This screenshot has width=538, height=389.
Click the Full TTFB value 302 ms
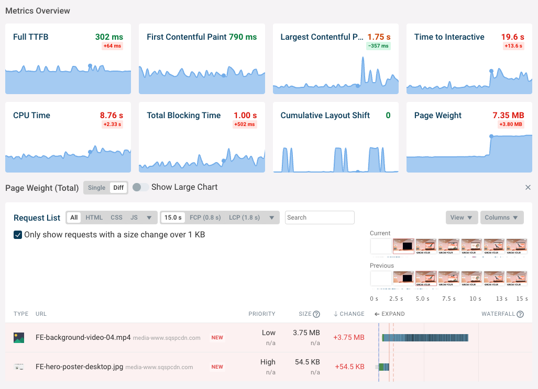click(x=109, y=37)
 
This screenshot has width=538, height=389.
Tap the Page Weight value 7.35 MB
click(x=508, y=116)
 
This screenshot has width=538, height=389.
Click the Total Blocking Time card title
click(x=183, y=116)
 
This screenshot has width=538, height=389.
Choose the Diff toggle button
click(x=118, y=188)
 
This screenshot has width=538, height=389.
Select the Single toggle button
click(x=96, y=188)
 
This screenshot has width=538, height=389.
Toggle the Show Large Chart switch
click(x=140, y=187)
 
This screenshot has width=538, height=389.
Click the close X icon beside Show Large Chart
click(x=528, y=188)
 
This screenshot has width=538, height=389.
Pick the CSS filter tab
click(x=116, y=218)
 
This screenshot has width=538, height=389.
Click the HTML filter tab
click(x=94, y=218)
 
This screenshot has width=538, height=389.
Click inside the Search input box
click(x=320, y=218)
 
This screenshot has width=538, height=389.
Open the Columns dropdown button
click(x=501, y=218)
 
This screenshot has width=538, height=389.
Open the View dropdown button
click(x=461, y=218)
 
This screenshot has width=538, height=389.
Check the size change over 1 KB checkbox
click(x=18, y=235)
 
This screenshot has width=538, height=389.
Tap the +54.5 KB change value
click(x=349, y=367)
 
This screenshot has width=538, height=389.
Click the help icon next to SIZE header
click(x=316, y=314)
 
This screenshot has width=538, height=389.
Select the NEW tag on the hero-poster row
click(x=217, y=367)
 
